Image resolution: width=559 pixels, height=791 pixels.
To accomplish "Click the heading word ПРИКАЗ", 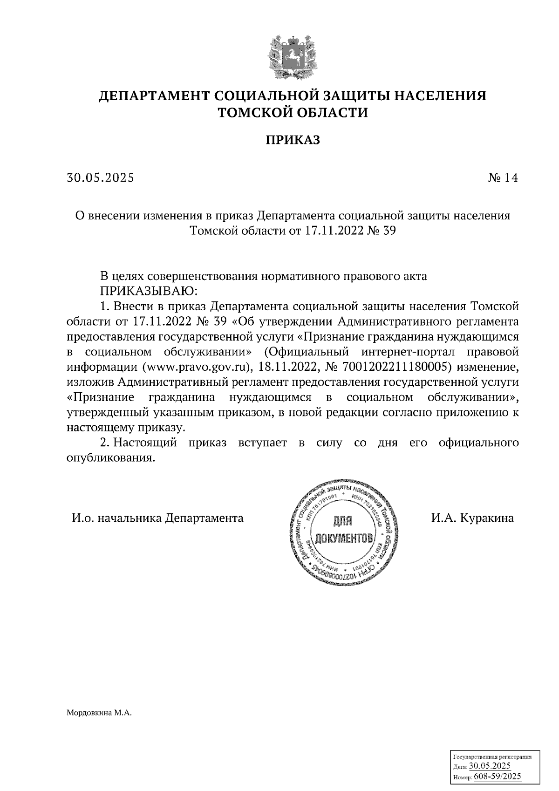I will pyautogui.click(x=293, y=140).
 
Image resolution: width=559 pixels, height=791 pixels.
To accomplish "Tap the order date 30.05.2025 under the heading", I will pyautogui.click(x=100, y=177).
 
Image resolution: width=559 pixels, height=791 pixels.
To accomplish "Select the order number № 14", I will pyautogui.click(x=502, y=177).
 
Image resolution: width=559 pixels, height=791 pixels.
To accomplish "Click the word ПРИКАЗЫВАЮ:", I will pyautogui.click(x=149, y=291).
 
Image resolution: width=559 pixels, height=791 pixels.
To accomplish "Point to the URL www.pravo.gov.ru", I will pyautogui.click(x=195, y=367).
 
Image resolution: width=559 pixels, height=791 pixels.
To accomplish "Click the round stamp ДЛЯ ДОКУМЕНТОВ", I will pyautogui.click(x=345, y=532).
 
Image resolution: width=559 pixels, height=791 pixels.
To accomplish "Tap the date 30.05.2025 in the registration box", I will pyautogui.click(x=490, y=766).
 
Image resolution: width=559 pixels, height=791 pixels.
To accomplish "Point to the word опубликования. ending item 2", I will pyautogui.click(x=110, y=458).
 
